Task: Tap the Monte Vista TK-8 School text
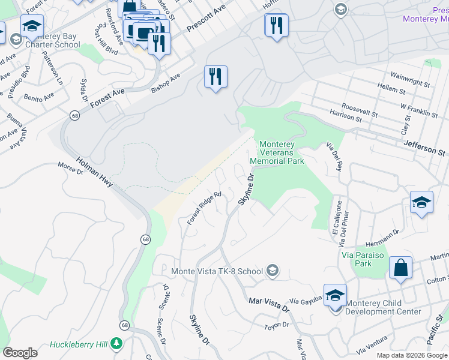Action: [217, 271]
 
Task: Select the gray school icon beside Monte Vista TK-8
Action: [273, 271]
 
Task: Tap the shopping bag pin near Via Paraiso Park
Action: [400, 268]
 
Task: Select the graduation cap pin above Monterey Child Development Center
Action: [335, 296]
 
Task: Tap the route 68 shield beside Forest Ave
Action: [74, 115]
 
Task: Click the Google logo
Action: [20, 353]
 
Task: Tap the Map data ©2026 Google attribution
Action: [411, 355]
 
